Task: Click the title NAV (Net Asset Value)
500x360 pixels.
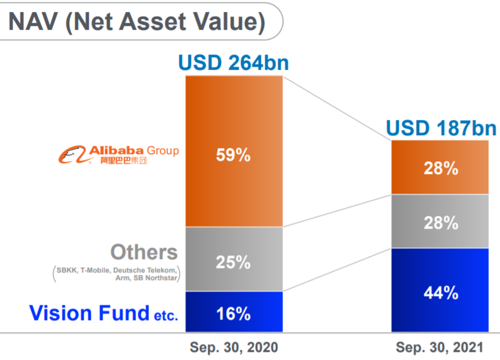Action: pyautogui.click(x=137, y=21)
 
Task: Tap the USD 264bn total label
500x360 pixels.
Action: pyautogui.click(x=233, y=63)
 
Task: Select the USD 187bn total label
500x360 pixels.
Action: pyautogui.click(x=441, y=128)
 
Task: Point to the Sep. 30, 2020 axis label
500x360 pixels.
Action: pyautogui.click(x=234, y=348)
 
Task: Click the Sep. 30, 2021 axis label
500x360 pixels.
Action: pyautogui.click(x=439, y=348)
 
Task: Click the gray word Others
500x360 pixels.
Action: pyautogui.click(x=144, y=252)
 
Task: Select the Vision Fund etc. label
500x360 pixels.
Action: pyautogui.click(x=103, y=313)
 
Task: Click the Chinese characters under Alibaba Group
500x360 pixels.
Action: pyautogui.click(x=123, y=161)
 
